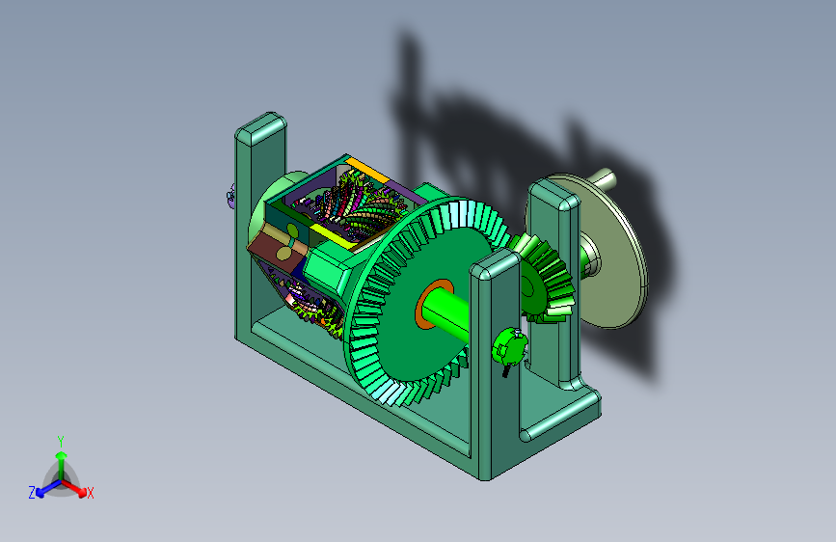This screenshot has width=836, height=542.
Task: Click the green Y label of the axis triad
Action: click(61, 442)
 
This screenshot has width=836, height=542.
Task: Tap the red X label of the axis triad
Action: click(90, 493)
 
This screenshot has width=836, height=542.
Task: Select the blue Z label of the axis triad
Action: click(32, 493)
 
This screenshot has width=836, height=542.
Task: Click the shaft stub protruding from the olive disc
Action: click(606, 178)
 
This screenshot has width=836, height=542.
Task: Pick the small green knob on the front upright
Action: click(508, 347)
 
